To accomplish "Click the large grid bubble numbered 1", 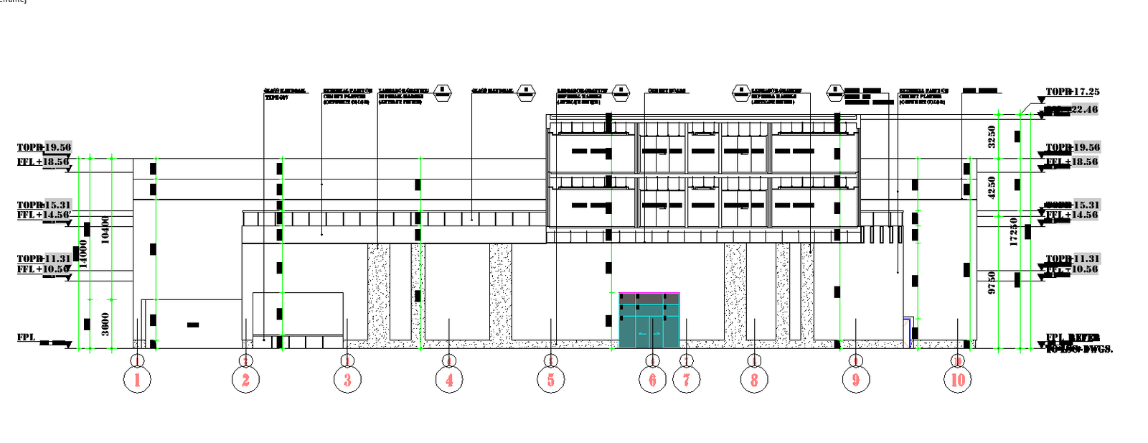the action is click(137, 379).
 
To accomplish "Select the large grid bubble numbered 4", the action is click(449, 379).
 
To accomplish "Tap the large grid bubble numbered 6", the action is click(652, 379).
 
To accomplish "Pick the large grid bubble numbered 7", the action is click(687, 379).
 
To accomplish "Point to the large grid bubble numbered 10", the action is click(958, 379).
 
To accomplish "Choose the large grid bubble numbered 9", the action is click(855, 379).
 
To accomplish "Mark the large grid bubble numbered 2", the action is click(245, 379).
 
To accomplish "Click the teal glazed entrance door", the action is click(649, 321).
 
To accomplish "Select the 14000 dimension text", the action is click(83, 253).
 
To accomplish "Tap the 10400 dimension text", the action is click(105, 230).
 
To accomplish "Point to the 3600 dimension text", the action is click(105, 323).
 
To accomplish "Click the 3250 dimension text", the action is click(992, 136).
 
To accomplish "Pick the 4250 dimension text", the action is click(992, 187).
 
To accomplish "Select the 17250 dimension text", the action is click(1013, 232).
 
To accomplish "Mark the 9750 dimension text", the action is click(992, 282).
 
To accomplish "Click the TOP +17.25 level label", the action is click(1072, 92).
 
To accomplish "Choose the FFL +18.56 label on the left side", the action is click(43, 162).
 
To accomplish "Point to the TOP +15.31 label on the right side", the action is click(1072, 205).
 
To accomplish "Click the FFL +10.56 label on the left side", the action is click(43, 269).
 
